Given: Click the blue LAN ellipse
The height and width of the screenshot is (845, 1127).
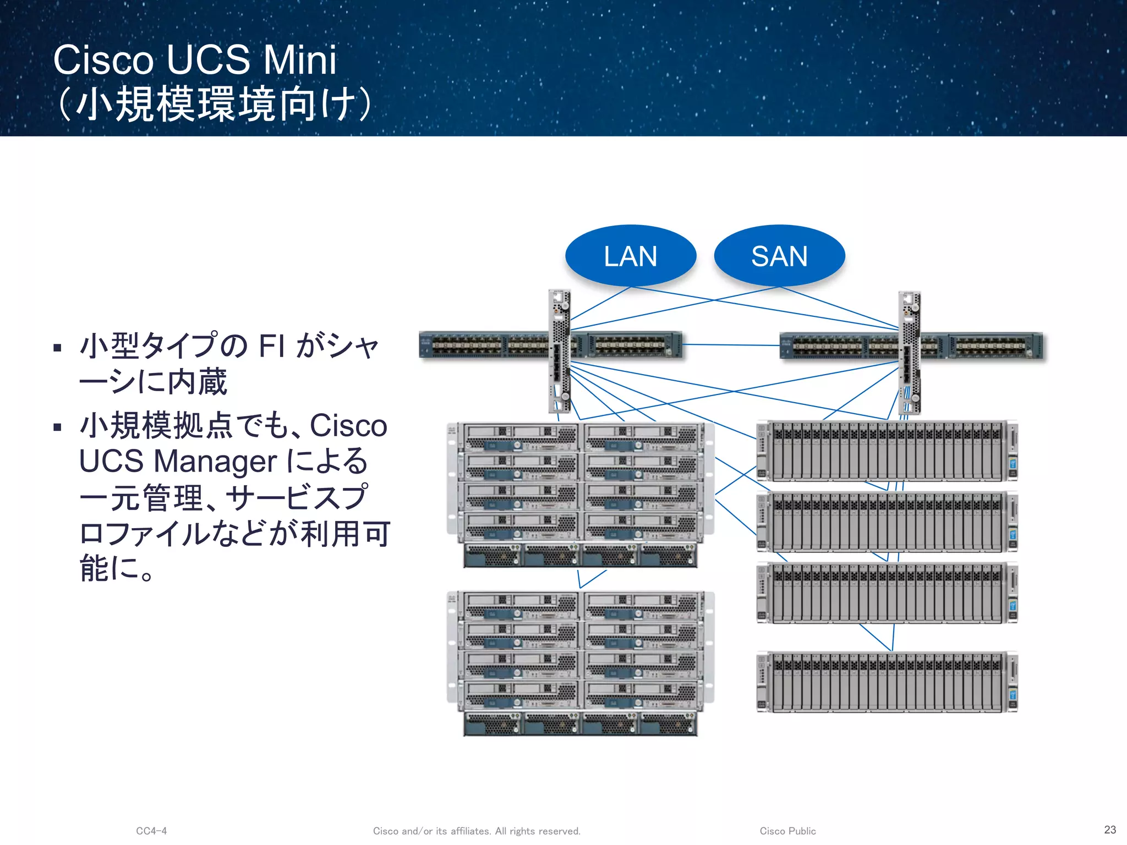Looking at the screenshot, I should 631,255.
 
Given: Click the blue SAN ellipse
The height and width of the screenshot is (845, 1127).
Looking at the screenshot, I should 779,255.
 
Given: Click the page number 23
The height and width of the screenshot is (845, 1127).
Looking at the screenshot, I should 1110,830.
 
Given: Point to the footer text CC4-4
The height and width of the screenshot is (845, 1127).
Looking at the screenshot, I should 151,831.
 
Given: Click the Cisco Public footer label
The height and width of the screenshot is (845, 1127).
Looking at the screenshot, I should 787,831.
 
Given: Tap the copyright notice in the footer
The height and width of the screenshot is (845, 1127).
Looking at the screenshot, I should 477,831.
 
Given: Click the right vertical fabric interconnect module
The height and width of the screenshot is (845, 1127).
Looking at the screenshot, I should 909,352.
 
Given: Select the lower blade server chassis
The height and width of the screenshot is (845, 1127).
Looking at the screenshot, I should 581,663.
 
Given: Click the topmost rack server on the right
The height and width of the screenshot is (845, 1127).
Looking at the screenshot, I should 887,451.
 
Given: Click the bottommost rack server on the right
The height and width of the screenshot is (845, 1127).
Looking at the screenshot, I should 887,682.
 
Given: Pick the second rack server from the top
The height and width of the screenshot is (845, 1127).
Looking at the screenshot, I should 887,522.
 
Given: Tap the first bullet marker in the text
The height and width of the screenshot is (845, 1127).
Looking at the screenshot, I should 57,348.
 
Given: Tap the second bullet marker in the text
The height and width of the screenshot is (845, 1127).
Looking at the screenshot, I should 57,427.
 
